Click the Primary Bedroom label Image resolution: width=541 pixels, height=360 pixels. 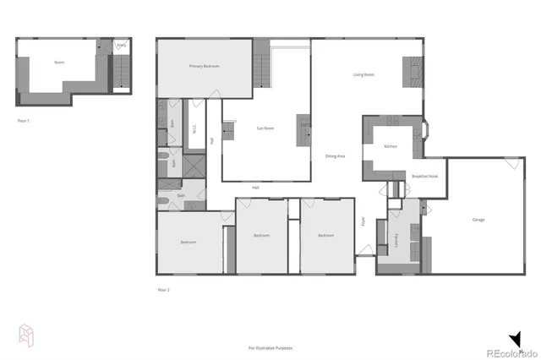click(x=205, y=67)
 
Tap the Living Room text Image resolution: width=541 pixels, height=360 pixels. click(x=363, y=75)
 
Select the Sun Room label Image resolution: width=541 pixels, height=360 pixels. click(x=265, y=128)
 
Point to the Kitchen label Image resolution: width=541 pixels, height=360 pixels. click(x=391, y=147)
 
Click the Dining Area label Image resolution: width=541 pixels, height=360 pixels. click(x=334, y=155)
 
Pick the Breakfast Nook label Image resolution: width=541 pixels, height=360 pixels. click(x=424, y=176)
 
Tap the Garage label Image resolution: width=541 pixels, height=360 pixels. click(x=478, y=220)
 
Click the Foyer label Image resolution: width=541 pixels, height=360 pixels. click(x=363, y=221)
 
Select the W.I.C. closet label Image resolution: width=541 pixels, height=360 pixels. click(x=194, y=130)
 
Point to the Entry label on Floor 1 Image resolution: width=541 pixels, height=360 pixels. click(x=122, y=45)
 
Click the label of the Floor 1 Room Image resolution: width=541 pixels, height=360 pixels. click(x=59, y=62)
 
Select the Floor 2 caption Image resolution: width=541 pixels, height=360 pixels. click(x=163, y=290)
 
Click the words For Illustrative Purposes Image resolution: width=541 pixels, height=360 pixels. click(x=270, y=347)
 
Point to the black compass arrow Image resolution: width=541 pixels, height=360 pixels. click(x=515, y=337)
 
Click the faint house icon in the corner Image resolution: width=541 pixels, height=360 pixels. click(x=25, y=335)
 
